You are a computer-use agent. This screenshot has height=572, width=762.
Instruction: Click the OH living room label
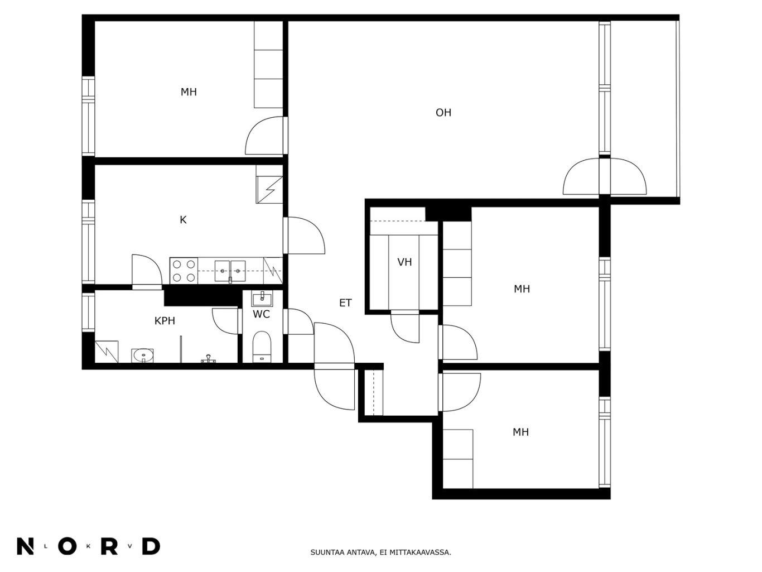click(x=443, y=113)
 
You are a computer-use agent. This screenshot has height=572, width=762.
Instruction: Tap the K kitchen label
click(x=183, y=220)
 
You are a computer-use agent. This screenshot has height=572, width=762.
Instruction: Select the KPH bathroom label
click(x=165, y=321)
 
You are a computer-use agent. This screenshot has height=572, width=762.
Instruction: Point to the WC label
click(x=261, y=314)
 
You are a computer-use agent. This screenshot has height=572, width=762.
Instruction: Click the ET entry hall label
click(x=345, y=303)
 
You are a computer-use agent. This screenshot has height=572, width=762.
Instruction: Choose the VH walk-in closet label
click(x=404, y=262)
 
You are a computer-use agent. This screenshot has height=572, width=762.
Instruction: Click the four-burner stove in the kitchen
click(x=184, y=271)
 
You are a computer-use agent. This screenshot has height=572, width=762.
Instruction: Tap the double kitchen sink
click(x=230, y=271)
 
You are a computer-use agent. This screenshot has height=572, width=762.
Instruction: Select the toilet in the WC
click(x=262, y=347)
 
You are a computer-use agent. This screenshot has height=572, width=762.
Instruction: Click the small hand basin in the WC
click(x=262, y=299)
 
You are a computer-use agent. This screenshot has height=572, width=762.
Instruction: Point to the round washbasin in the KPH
click(x=142, y=355)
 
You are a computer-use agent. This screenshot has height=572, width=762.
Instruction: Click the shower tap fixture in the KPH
click(x=208, y=359)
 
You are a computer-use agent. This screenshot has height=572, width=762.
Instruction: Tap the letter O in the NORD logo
click(x=67, y=547)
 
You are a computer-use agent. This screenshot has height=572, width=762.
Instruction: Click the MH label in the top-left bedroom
click(x=189, y=92)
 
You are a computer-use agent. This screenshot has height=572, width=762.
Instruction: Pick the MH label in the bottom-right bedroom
click(x=520, y=432)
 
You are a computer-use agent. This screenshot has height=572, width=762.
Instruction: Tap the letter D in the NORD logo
click(x=151, y=547)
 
